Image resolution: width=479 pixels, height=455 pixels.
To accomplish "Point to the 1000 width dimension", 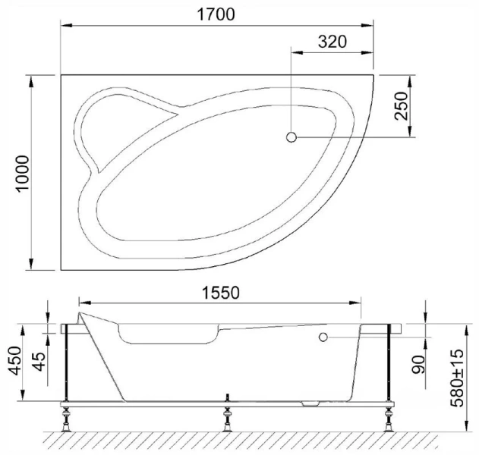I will (x=20, y=174).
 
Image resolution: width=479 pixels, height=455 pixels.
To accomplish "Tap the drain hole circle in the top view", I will (x=291, y=137).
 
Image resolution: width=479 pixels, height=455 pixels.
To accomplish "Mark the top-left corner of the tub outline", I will (x=61, y=74).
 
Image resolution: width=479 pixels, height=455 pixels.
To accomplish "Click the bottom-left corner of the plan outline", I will (x=61, y=269).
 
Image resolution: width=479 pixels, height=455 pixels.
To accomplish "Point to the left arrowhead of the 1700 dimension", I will (x=65, y=27).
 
